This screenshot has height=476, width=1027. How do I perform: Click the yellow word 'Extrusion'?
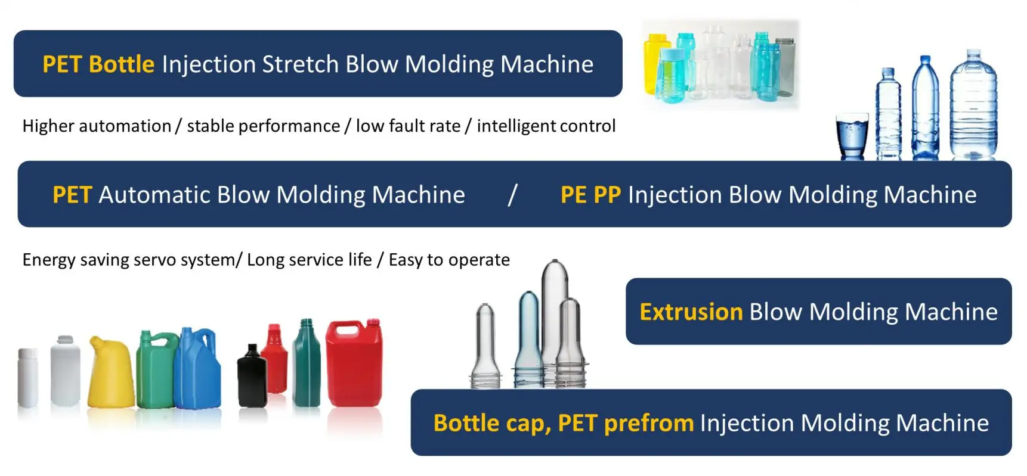coord(691,312)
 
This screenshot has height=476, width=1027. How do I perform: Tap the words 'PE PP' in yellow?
coord(590,195)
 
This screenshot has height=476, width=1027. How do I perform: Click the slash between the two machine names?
coord(512,195)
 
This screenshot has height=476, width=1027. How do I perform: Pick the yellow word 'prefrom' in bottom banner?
coord(649,423)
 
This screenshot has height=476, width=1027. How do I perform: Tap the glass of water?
coord(852,138)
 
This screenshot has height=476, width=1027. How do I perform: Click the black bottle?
coord(252,376)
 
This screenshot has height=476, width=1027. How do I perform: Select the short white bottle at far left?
coord(28,378)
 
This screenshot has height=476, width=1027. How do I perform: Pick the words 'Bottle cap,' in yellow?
coord(492,423)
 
